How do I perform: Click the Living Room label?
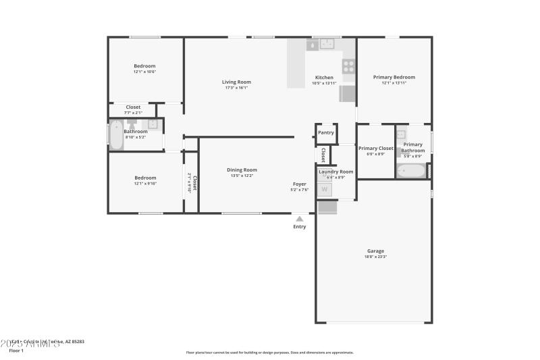236,82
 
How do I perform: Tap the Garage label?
376,251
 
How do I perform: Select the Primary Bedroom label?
394,77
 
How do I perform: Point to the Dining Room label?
242,170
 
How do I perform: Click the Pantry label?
326,132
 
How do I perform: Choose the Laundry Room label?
336,172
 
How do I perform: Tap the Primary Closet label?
376,148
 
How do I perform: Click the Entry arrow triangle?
300,218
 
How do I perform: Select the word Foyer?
299,184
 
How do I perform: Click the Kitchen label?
324,78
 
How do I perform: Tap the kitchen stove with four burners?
348,66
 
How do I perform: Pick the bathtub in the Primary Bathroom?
411,170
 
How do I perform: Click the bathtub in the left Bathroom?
116,135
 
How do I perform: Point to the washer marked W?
325,190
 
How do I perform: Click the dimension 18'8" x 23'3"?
376,257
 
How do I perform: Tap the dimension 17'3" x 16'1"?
236,88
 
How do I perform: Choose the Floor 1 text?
16,351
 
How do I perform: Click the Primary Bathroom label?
412,147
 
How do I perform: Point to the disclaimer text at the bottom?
270,352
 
